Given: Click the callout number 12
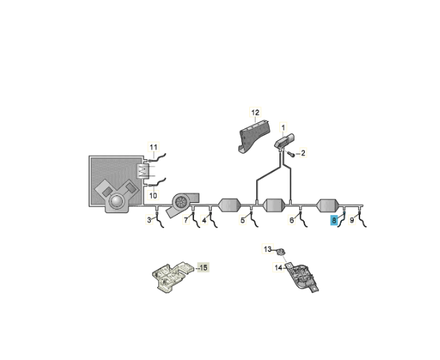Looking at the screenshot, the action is pyautogui.click(x=255, y=113).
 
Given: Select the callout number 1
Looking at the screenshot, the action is pyautogui.click(x=283, y=128).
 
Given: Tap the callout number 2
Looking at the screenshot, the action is pyautogui.click(x=303, y=153).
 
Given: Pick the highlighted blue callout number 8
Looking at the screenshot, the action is pyautogui.click(x=333, y=220).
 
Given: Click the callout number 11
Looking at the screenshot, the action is pyautogui.click(x=154, y=148).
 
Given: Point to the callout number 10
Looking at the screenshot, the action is pyautogui.click(x=153, y=195).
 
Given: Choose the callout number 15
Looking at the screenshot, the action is pyautogui.click(x=204, y=268).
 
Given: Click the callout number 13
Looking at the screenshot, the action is pyautogui.click(x=268, y=249).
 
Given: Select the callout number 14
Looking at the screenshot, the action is pyautogui.click(x=278, y=268).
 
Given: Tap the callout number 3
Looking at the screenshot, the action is pyautogui.click(x=150, y=220).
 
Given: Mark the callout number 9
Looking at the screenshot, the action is pyautogui.click(x=352, y=220).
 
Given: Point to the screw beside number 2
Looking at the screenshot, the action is pyautogui.click(x=291, y=154).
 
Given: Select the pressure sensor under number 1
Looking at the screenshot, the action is pyautogui.click(x=284, y=141).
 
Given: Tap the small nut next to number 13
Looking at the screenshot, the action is pyautogui.click(x=279, y=251).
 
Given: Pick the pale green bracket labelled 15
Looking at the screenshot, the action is pyautogui.click(x=171, y=277).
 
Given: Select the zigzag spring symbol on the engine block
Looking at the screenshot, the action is pyautogui.click(x=143, y=171).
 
